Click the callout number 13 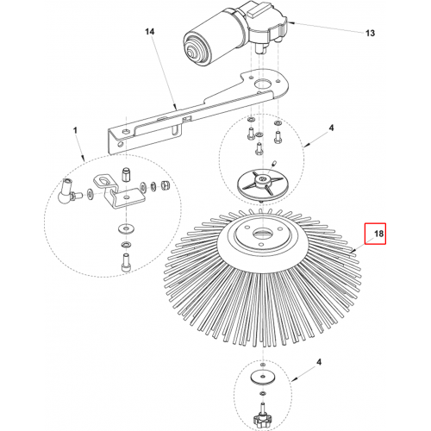(370, 33)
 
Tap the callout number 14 (149, 32)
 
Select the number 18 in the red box (378, 234)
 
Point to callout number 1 (75, 131)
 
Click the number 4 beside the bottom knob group (319, 362)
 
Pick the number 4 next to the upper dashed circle (331, 128)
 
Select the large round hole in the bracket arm (263, 84)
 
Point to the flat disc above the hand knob (262, 378)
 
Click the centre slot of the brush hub (262, 233)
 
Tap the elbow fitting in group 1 (66, 191)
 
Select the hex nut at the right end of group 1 (166, 184)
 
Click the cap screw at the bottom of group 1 (126, 261)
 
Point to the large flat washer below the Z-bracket (126, 229)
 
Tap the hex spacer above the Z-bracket (126, 174)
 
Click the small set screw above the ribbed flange (274, 164)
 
